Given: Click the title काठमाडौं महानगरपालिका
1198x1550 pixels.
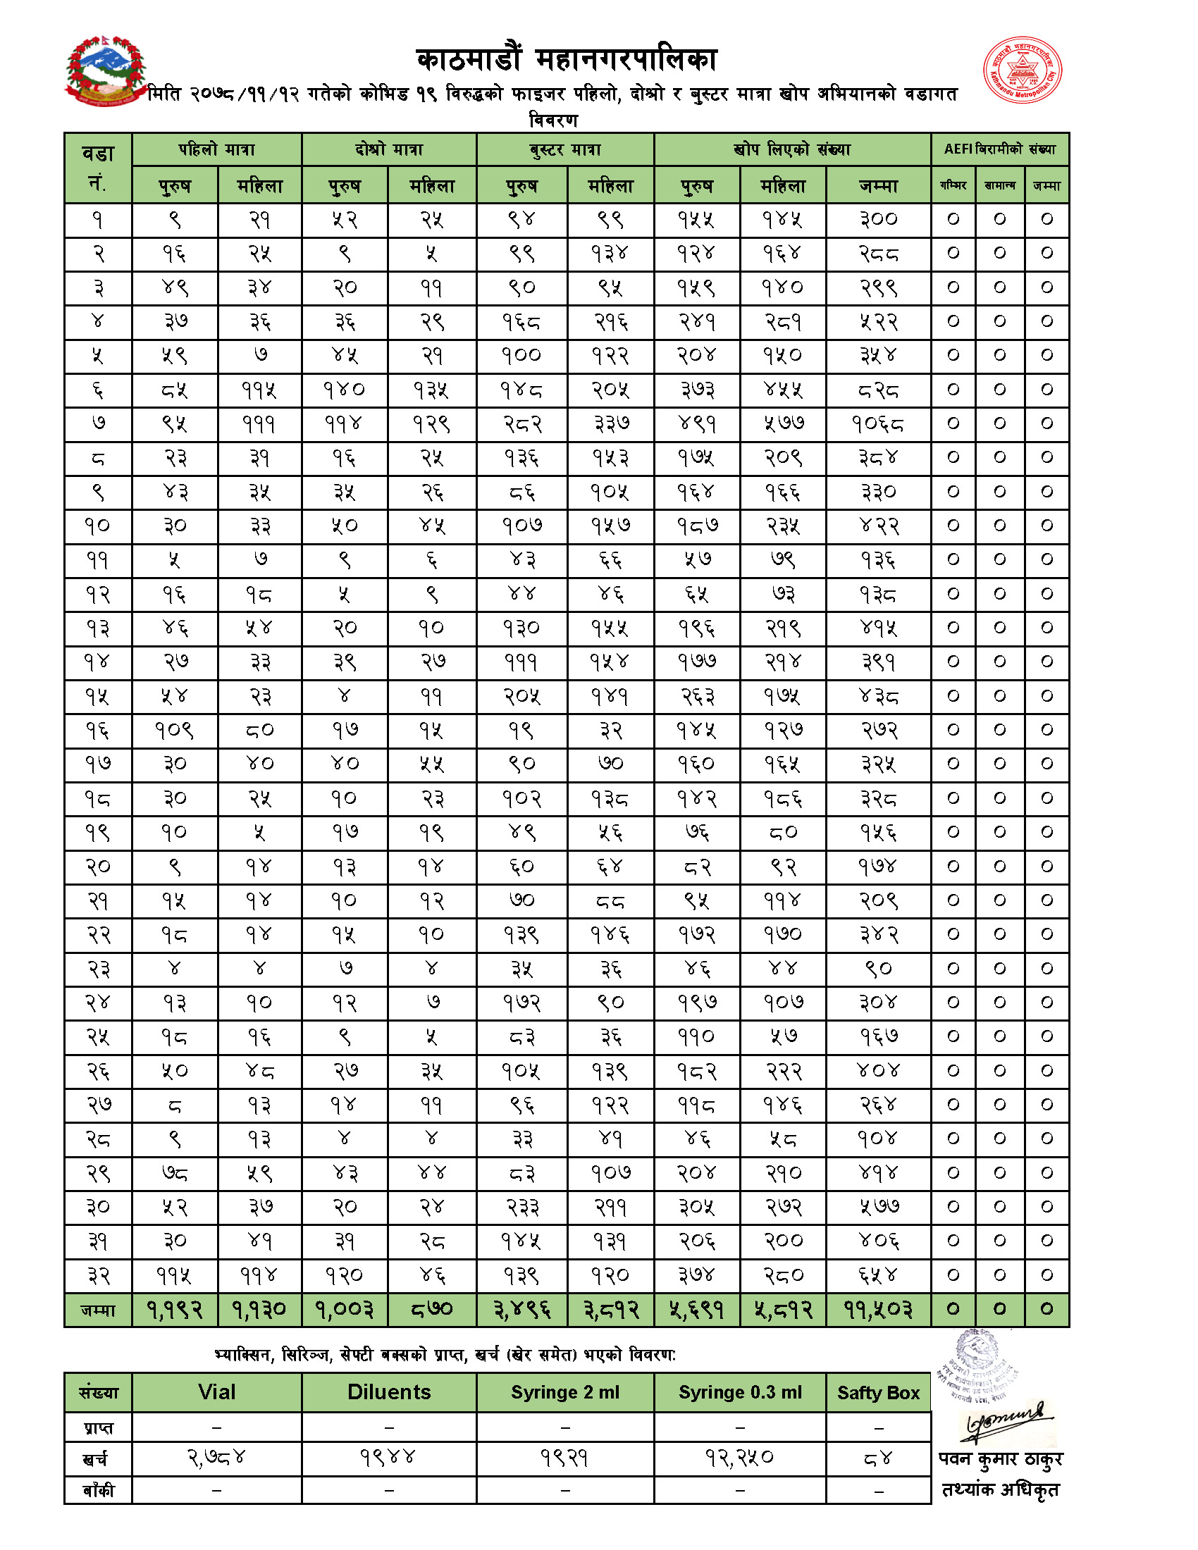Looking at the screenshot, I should pos(567,60).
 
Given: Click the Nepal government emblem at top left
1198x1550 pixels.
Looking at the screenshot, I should pos(106,71).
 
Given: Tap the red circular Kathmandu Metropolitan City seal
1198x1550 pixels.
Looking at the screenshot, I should pos(1022,71).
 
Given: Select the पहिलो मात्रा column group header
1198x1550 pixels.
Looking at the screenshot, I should pos(216,150).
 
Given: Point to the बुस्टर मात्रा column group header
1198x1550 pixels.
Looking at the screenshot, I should pos(565,150).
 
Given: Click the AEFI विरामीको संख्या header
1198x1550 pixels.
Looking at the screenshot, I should pos(999,150).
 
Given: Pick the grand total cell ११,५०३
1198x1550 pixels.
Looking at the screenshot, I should pos(878,1310).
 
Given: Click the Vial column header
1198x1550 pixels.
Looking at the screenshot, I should pos(216,1392).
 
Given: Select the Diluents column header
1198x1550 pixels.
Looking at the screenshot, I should pos(389,1392).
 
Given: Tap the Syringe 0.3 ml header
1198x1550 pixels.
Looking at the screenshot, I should pos(739,1392).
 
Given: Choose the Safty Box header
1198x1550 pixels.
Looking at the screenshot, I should pos(878,1393).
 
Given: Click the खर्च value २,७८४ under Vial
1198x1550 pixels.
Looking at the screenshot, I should pos(216,1458).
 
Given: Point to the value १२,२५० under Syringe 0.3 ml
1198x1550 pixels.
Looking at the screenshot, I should pos(739,1458).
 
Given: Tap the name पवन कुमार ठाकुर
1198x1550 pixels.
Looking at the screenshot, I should pos(1000,1459).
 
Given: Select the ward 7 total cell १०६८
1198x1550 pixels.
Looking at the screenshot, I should pos(878,424).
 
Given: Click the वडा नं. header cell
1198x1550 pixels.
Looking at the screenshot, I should pos(98,168).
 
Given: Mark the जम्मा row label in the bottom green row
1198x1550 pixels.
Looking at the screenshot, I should pos(98,1310).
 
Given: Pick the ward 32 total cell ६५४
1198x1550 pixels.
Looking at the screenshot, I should pos(878,1275).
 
